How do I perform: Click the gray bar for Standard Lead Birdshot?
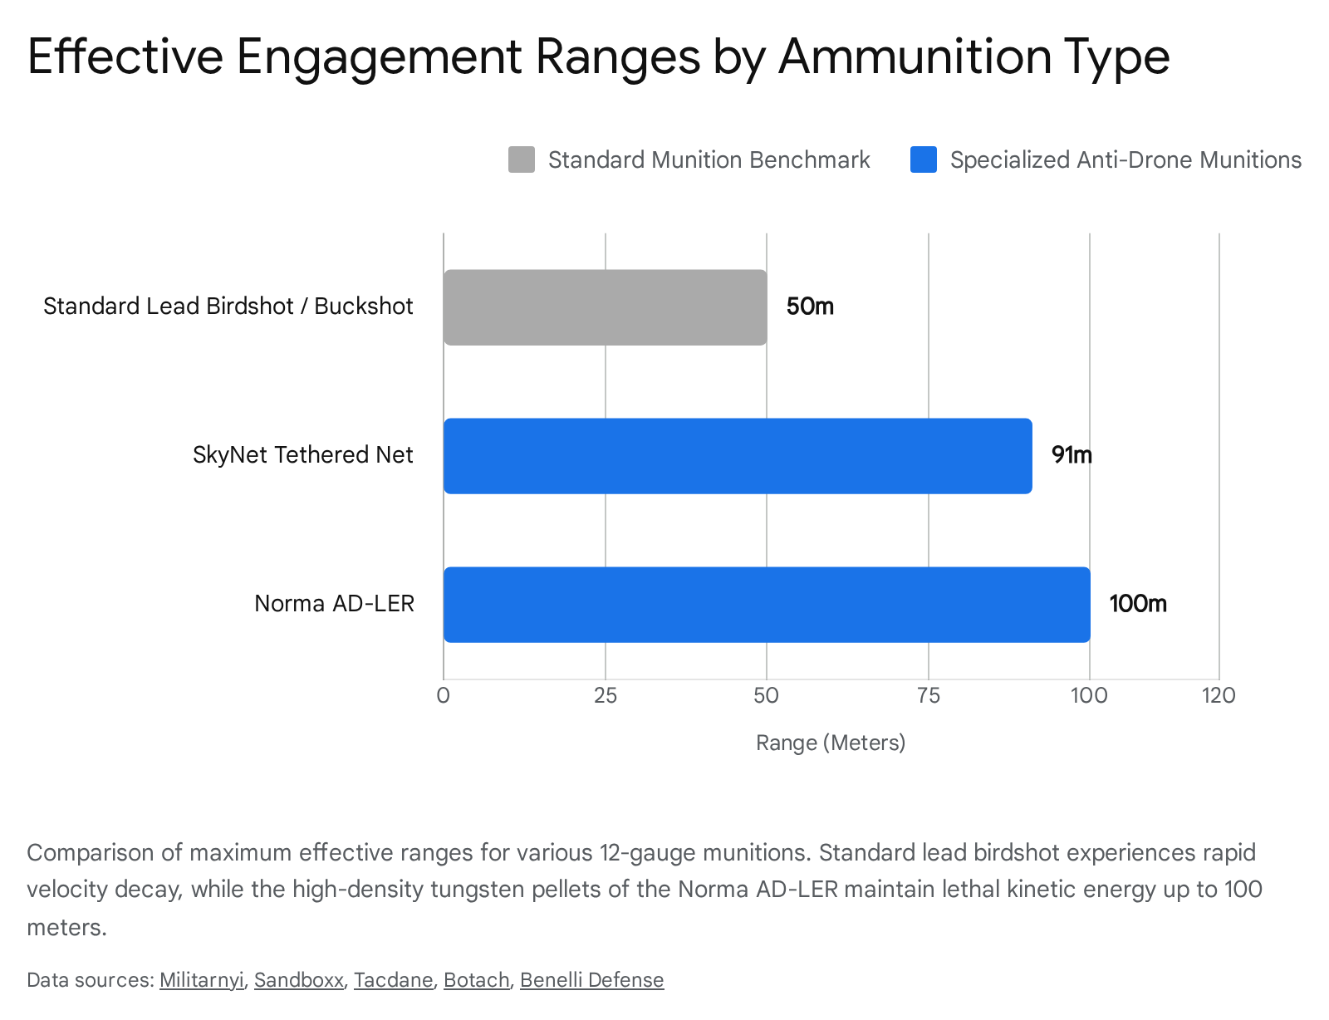coord(605,307)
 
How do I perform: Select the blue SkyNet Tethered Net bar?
coord(738,456)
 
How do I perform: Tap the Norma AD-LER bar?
coord(767,605)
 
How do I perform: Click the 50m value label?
coord(810,306)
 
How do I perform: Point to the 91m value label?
coord(1072,455)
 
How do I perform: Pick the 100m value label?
coord(1138,604)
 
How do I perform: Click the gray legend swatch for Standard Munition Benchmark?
coord(522,159)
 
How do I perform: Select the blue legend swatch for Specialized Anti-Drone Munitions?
coord(923,159)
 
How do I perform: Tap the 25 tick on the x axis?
coord(606,695)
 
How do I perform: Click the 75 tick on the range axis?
coord(928,695)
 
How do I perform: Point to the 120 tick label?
coord(1219,695)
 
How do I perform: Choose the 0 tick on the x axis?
coord(444,695)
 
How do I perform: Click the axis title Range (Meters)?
coord(831,743)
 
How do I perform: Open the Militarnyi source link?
coord(202,980)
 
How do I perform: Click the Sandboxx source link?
coord(299,980)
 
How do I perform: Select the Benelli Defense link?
coord(591,980)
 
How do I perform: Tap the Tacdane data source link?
coord(393,980)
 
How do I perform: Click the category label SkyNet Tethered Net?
coord(302,455)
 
